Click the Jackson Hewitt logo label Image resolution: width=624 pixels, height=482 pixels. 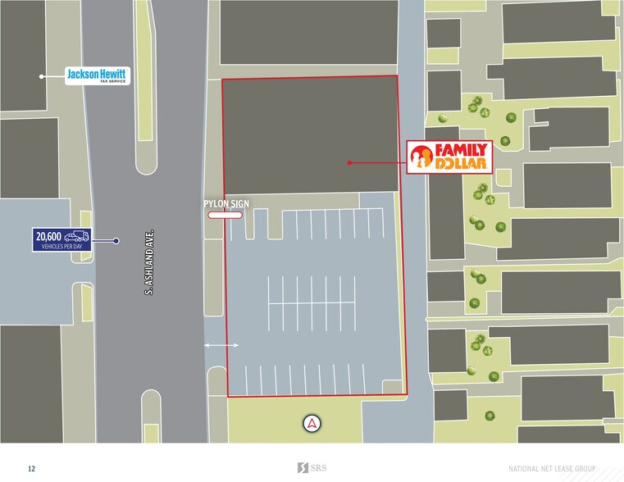coord(98,76)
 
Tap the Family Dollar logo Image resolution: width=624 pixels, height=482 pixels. coord(450,157)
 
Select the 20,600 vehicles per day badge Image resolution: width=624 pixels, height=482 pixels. coord(61,239)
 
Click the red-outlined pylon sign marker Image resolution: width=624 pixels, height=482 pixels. coord(224,216)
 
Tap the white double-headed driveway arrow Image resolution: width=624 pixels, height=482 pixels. coord(221,345)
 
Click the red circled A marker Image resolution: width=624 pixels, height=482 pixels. coord(312,423)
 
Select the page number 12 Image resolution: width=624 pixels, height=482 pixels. coord(31,469)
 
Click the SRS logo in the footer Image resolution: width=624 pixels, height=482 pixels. coord(312,468)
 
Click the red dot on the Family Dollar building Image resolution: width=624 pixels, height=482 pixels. coord(348,162)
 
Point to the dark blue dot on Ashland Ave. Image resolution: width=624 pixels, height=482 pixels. coord(116,241)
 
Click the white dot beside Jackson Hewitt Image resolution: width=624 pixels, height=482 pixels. coord(40,76)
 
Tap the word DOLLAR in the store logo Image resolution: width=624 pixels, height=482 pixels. coord(462,164)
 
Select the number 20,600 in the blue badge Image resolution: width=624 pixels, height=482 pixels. coord(48,236)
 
